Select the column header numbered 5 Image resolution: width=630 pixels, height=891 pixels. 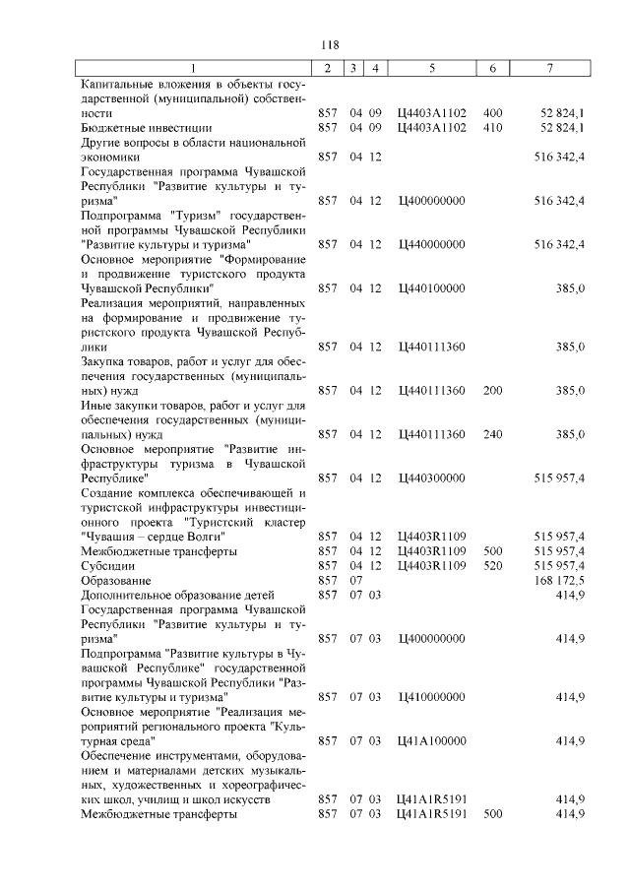(432, 68)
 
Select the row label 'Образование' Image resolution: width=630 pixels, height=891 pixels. (113, 581)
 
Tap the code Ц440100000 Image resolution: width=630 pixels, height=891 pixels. (431, 287)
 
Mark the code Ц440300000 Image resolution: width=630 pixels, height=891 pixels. (431, 478)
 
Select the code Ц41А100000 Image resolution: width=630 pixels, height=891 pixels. (431, 740)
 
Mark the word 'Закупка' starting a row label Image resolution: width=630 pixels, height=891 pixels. (104, 362)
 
